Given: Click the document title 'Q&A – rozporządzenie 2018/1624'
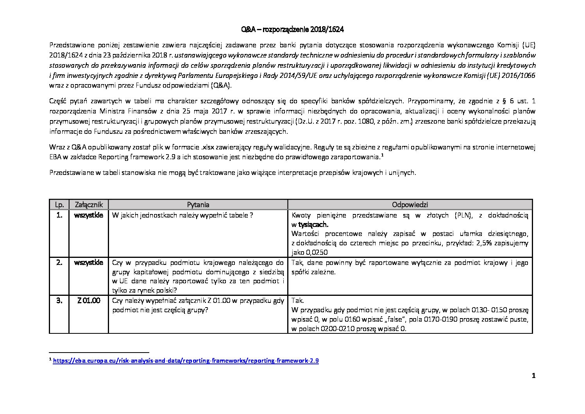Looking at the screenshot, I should tap(292, 30).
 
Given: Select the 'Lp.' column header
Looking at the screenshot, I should tap(59, 205).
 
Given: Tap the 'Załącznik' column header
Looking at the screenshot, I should tap(89, 205).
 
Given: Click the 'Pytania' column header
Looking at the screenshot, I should tap(198, 205).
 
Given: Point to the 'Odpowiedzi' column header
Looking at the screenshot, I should tap(410, 205).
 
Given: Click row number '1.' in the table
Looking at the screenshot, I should tap(59, 215).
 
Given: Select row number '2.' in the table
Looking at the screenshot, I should tap(59, 263).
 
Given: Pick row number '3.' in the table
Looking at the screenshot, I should tap(59, 301).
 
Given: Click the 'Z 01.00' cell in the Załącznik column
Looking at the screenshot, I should tap(89, 301).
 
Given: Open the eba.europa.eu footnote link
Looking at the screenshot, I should tap(186, 361).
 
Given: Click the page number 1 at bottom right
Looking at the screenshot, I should tap(533, 376).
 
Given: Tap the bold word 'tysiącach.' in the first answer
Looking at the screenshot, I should tap(313, 225).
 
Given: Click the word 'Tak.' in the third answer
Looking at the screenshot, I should tap(298, 301).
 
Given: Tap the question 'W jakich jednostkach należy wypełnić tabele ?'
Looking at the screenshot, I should tap(182, 215).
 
